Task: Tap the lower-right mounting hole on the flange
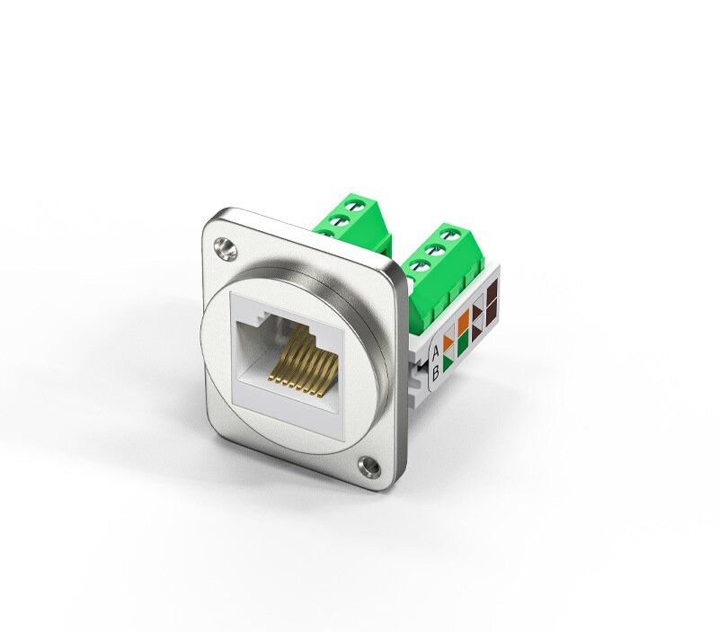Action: click(368, 466)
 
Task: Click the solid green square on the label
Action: click(463, 343)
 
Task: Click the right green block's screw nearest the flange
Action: click(419, 266)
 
